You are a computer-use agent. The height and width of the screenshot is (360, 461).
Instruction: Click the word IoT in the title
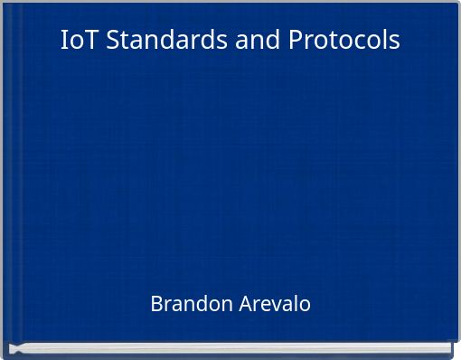point(80,41)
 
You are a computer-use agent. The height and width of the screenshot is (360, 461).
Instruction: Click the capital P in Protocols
point(297,41)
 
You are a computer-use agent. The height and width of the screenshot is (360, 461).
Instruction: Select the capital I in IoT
point(64,41)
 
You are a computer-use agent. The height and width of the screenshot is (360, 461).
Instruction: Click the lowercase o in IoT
point(76,42)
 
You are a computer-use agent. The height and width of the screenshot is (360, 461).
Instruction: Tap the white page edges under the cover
point(230,346)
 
